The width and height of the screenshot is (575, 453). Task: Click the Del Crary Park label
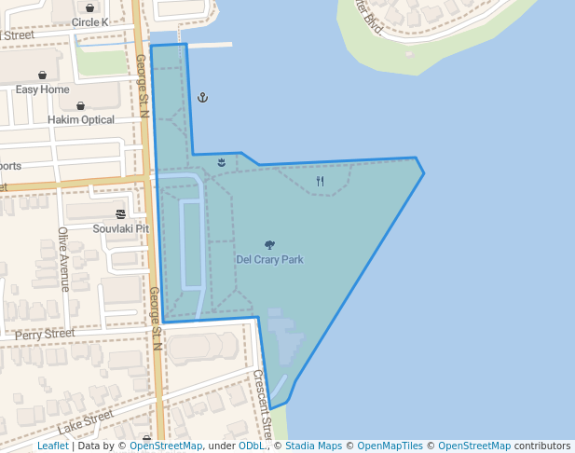[x=269, y=259]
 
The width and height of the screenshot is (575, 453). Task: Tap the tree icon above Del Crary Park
[x=269, y=245]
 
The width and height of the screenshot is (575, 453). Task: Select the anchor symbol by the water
[x=202, y=97]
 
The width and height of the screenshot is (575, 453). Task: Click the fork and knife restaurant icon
[x=321, y=181]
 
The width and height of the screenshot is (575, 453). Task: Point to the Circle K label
[x=89, y=22]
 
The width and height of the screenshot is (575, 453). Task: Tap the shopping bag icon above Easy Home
[x=43, y=75]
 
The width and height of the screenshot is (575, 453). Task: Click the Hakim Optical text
[x=80, y=119]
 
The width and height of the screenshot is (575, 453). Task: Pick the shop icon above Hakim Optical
[x=80, y=105]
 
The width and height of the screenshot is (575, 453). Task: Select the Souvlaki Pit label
[x=121, y=228]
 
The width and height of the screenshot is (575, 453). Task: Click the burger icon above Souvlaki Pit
[x=121, y=213]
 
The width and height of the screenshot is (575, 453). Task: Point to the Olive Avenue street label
[x=63, y=259]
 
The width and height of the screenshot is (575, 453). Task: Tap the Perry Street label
[x=45, y=333]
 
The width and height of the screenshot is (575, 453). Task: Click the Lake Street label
[x=85, y=422]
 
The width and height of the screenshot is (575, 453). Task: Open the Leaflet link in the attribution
[x=52, y=446]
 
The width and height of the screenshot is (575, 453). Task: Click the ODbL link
[x=251, y=446]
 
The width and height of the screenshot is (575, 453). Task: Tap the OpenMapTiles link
[x=390, y=446]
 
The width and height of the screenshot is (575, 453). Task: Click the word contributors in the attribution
[x=541, y=446]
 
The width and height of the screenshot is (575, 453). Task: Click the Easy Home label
[x=43, y=89]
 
